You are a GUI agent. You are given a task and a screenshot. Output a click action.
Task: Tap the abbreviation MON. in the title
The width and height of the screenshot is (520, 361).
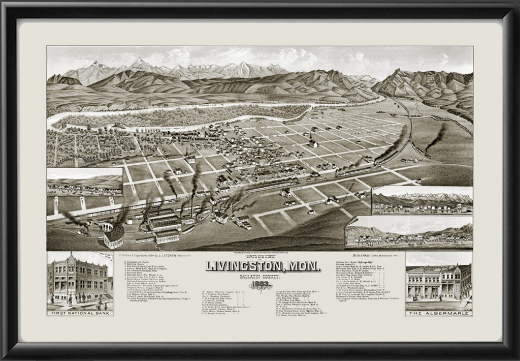coord(302,266)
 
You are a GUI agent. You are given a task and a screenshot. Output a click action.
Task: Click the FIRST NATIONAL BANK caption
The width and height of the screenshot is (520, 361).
coord(80,313)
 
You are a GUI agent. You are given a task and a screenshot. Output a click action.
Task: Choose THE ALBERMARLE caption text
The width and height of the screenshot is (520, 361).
coord(438,313)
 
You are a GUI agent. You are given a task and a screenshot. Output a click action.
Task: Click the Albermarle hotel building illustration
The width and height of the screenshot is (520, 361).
coord(438,281)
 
